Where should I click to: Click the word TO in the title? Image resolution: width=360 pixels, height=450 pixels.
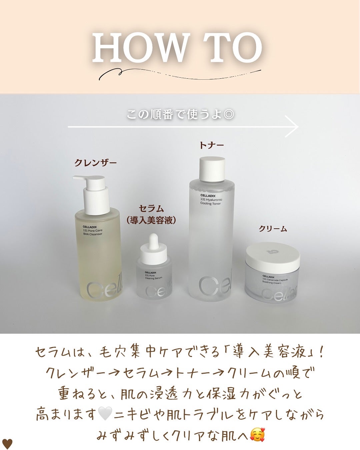pyautogui.click(x=230, y=48)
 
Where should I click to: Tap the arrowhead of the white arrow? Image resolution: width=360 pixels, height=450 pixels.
pyautogui.click(x=292, y=127)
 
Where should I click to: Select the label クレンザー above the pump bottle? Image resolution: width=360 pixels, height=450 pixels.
pyautogui.click(x=95, y=163)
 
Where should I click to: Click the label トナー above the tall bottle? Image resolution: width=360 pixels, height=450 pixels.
pyautogui.click(x=212, y=145)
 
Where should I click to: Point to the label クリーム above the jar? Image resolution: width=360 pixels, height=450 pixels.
pyautogui.click(x=273, y=229)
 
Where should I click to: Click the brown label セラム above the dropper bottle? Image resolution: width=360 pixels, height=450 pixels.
pyautogui.click(x=151, y=208)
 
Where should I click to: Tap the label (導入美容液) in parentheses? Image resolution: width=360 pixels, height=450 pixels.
pyautogui.click(x=151, y=220)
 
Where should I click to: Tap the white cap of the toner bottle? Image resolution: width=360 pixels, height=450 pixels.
pyautogui.click(x=212, y=169)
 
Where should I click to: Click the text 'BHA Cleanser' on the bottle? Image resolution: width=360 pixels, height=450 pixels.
pyautogui.click(x=93, y=234)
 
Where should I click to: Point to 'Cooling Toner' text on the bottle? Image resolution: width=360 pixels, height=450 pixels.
pyautogui.click(x=210, y=203)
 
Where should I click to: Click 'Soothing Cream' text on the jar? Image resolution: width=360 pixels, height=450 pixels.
pyautogui.click(x=272, y=282)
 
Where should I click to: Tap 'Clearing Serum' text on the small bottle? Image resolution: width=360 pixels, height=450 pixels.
pyautogui.click(x=154, y=278)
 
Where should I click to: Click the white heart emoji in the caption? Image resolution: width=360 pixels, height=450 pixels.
pyautogui.click(x=105, y=413)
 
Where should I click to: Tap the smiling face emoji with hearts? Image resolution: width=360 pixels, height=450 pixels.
pyautogui.click(x=258, y=433)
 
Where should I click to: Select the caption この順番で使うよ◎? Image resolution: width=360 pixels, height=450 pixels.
pyautogui.click(x=180, y=114)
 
